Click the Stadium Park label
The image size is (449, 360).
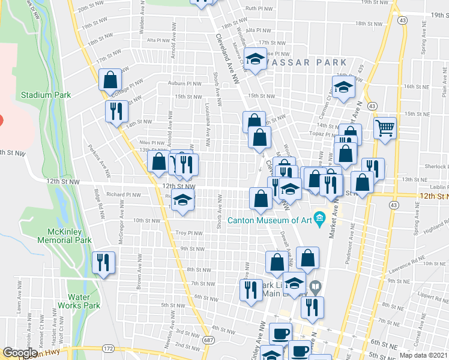tap(46, 95)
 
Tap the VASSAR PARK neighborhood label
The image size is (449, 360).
tap(307, 62)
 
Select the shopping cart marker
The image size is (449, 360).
tap(384, 127)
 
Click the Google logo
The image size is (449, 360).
tap(20, 353)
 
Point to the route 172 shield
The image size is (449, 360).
tap(108, 349)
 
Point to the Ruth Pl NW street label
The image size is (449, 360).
tap(259, 9)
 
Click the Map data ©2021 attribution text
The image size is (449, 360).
tap(423, 355)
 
